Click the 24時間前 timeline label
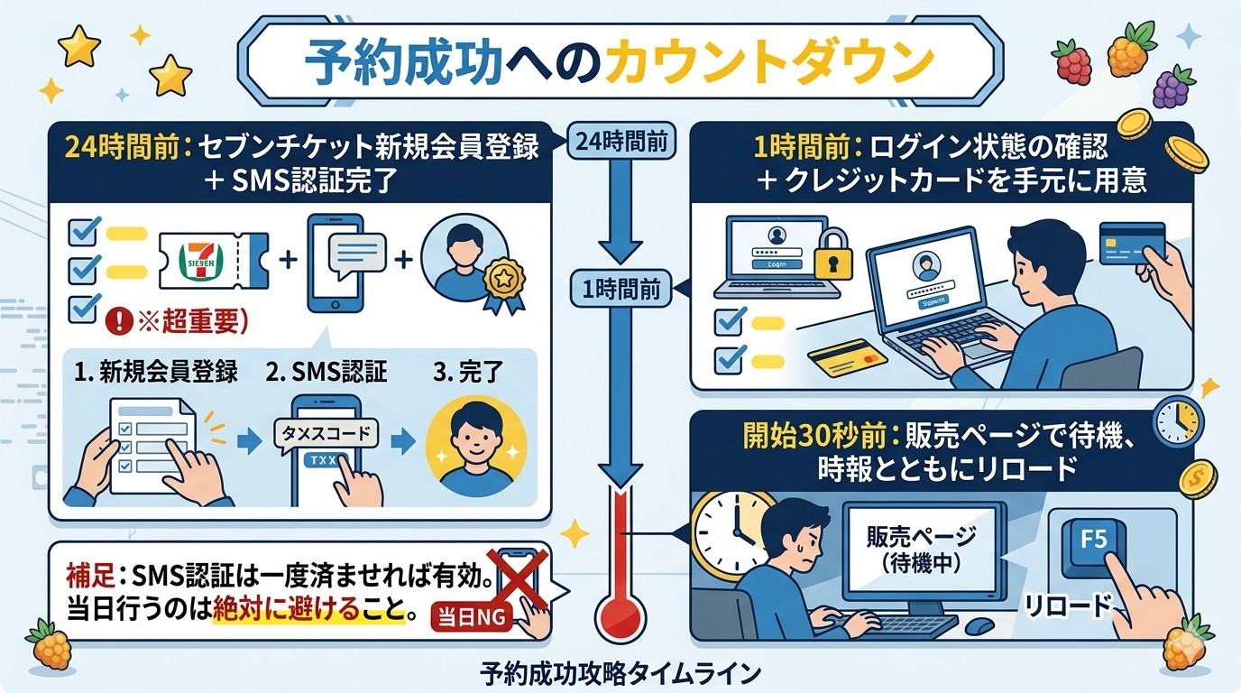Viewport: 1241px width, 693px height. (620, 141)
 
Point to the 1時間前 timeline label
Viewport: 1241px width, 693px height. (620, 290)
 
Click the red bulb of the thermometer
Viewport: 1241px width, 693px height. (620, 615)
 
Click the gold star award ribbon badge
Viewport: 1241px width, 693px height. (501, 283)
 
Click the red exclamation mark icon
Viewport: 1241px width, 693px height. (117, 319)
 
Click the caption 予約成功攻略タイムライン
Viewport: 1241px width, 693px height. (620, 673)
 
